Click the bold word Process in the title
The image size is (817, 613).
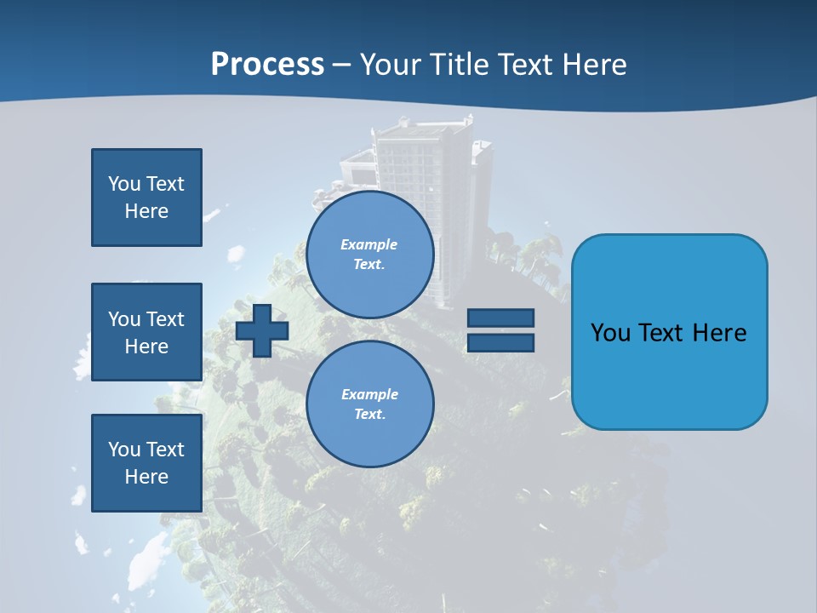[267, 65]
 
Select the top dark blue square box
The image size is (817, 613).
[146, 198]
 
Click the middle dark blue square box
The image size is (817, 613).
[146, 332]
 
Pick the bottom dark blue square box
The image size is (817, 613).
[146, 462]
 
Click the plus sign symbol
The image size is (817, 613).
[262, 330]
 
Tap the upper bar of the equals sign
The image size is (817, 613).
[500, 318]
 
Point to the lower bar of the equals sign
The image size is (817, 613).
[500, 342]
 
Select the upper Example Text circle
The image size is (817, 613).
[369, 254]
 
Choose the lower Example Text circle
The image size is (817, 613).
[369, 404]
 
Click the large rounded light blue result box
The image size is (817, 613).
[669, 332]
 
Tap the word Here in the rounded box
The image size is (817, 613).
[720, 333]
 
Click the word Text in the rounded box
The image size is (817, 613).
[665, 333]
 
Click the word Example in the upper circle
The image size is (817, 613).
[369, 244]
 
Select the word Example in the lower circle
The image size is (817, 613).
[369, 394]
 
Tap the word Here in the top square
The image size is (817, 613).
[146, 211]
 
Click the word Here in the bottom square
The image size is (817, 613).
[146, 477]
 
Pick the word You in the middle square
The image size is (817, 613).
[123, 319]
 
